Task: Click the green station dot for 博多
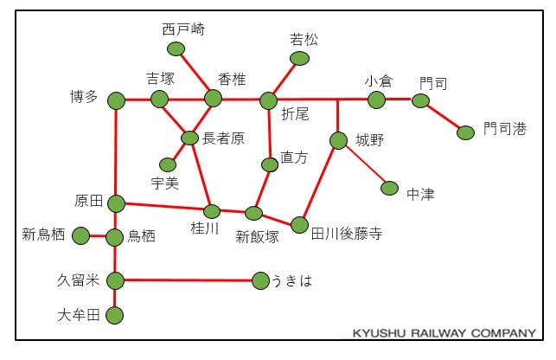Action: (x=116, y=101)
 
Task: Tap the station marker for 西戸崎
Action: (x=176, y=48)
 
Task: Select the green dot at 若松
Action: (x=299, y=58)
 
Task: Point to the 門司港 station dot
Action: (x=465, y=132)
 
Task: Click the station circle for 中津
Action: (x=389, y=188)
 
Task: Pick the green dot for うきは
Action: (x=260, y=280)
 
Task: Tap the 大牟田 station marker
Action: (x=115, y=315)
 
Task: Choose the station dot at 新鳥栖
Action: (x=81, y=235)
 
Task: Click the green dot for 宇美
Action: (x=168, y=164)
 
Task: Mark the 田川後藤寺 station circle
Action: (x=299, y=225)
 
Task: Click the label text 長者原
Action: (x=224, y=138)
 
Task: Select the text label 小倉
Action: (x=378, y=80)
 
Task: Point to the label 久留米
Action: (x=79, y=280)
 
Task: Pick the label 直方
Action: (x=294, y=158)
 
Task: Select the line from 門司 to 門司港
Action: (x=444, y=117)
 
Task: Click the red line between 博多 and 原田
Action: (x=115, y=151)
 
